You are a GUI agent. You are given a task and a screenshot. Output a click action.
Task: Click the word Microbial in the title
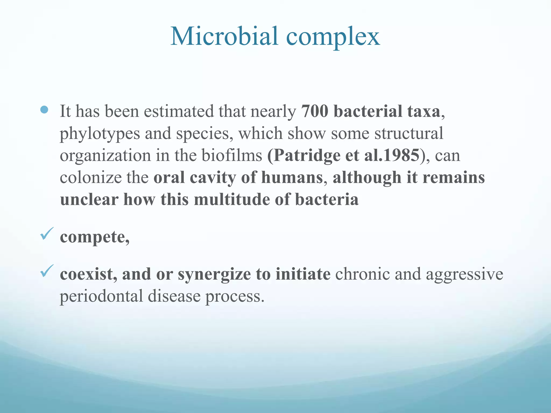coord(224,36)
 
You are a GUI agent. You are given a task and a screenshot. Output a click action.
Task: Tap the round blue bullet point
coord(44,110)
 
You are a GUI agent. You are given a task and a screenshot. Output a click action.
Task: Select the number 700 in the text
coord(315,111)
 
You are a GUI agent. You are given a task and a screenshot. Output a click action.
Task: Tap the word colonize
coord(90,177)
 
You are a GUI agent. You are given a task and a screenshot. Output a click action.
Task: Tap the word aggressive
coord(464,275)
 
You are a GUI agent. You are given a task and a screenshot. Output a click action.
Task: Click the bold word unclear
coord(89,200)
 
